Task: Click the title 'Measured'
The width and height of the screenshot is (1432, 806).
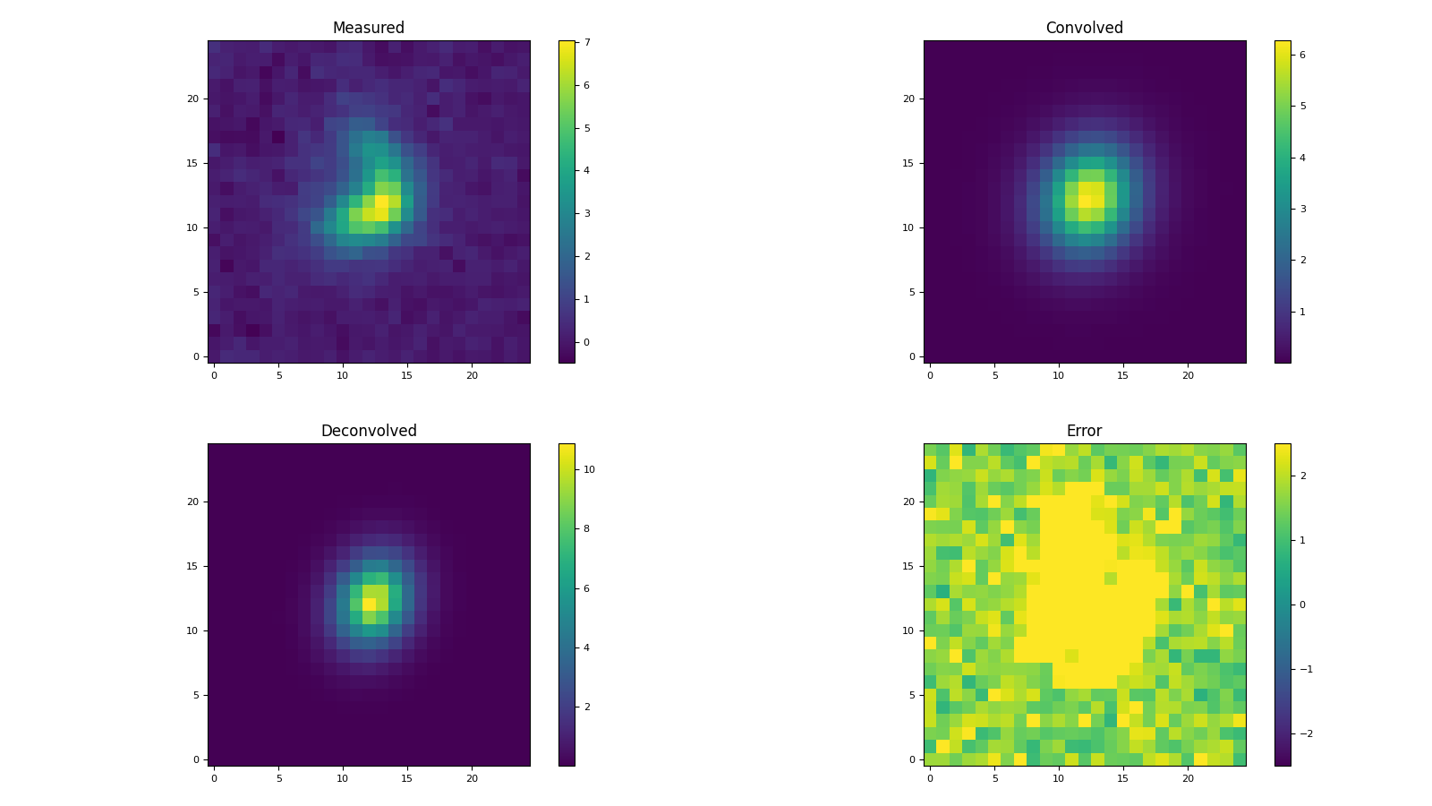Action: (368, 28)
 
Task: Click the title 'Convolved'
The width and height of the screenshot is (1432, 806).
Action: (1084, 28)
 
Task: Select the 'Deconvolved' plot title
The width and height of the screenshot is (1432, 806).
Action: (368, 431)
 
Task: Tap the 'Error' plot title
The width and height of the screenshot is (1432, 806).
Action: (1084, 431)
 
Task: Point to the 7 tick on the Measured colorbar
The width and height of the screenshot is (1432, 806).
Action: (586, 43)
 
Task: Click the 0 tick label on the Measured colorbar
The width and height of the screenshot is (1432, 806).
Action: (586, 342)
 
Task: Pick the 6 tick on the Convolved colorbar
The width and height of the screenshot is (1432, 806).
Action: (1302, 55)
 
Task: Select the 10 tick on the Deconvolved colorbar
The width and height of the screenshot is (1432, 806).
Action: (589, 469)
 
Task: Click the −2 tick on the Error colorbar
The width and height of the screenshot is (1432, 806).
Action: (1306, 733)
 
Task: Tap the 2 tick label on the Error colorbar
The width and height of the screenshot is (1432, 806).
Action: (1302, 476)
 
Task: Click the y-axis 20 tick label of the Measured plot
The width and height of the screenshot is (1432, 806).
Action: (192, 99)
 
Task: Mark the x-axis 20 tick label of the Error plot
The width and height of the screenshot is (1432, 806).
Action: (1188, 779)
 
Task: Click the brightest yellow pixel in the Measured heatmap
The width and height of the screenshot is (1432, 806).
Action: (382, 201)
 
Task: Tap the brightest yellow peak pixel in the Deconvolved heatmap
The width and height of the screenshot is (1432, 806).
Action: (369, 604)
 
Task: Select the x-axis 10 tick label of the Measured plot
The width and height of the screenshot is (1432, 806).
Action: (343, 376)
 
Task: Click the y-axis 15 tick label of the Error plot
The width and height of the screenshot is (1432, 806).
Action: (908, 566)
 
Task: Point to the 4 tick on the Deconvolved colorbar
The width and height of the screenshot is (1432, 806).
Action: (586, 647)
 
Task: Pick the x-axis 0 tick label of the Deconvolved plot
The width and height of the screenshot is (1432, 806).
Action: (214, 779)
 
